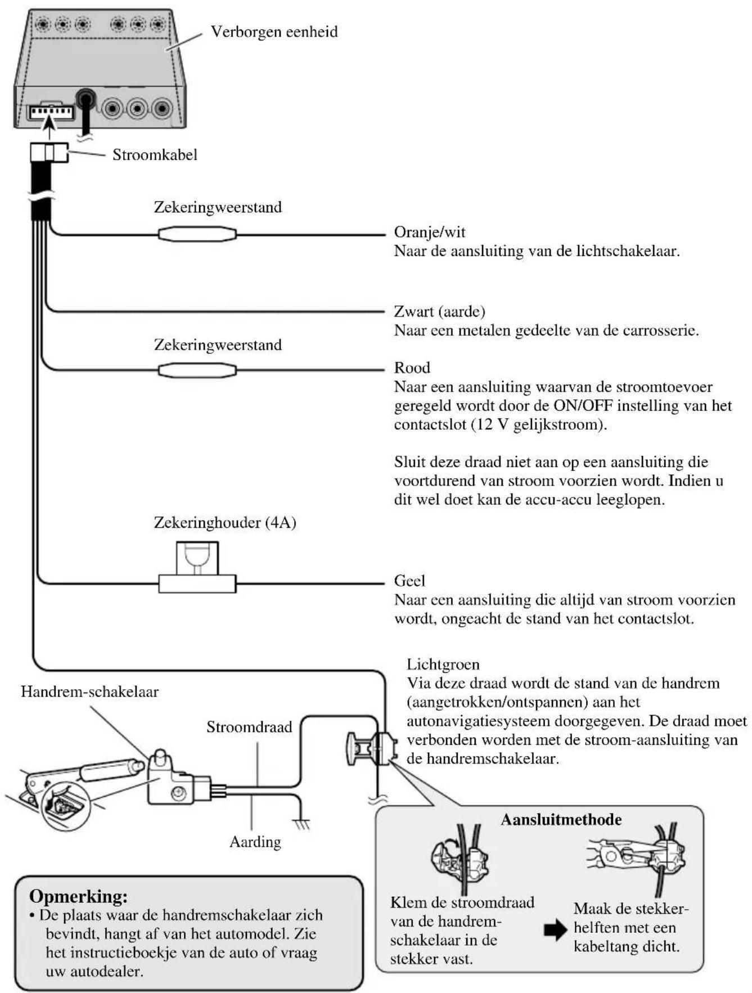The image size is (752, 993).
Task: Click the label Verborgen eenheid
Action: [274, 32]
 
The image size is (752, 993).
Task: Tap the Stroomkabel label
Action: [155, 155]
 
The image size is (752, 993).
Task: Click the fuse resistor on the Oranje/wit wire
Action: [197, 233]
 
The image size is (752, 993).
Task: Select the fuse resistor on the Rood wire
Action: [197, 370]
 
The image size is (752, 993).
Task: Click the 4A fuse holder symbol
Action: [197, 568]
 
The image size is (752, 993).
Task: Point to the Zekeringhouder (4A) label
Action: [225, 523]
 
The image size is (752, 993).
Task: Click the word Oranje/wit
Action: [430, 232]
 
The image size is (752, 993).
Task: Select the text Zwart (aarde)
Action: [439, 311]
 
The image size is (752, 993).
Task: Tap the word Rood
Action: [412, 368]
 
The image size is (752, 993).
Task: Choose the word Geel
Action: [409, 581]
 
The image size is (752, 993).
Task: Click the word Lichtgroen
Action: [443, 664]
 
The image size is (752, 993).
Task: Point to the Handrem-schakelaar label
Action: [90, 691]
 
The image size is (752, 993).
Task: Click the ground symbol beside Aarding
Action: [302, 824]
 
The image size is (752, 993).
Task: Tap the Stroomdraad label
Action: [249, 727]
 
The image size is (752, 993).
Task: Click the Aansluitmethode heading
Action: [561, 819]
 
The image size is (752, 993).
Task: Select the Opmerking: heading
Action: [78, 896]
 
